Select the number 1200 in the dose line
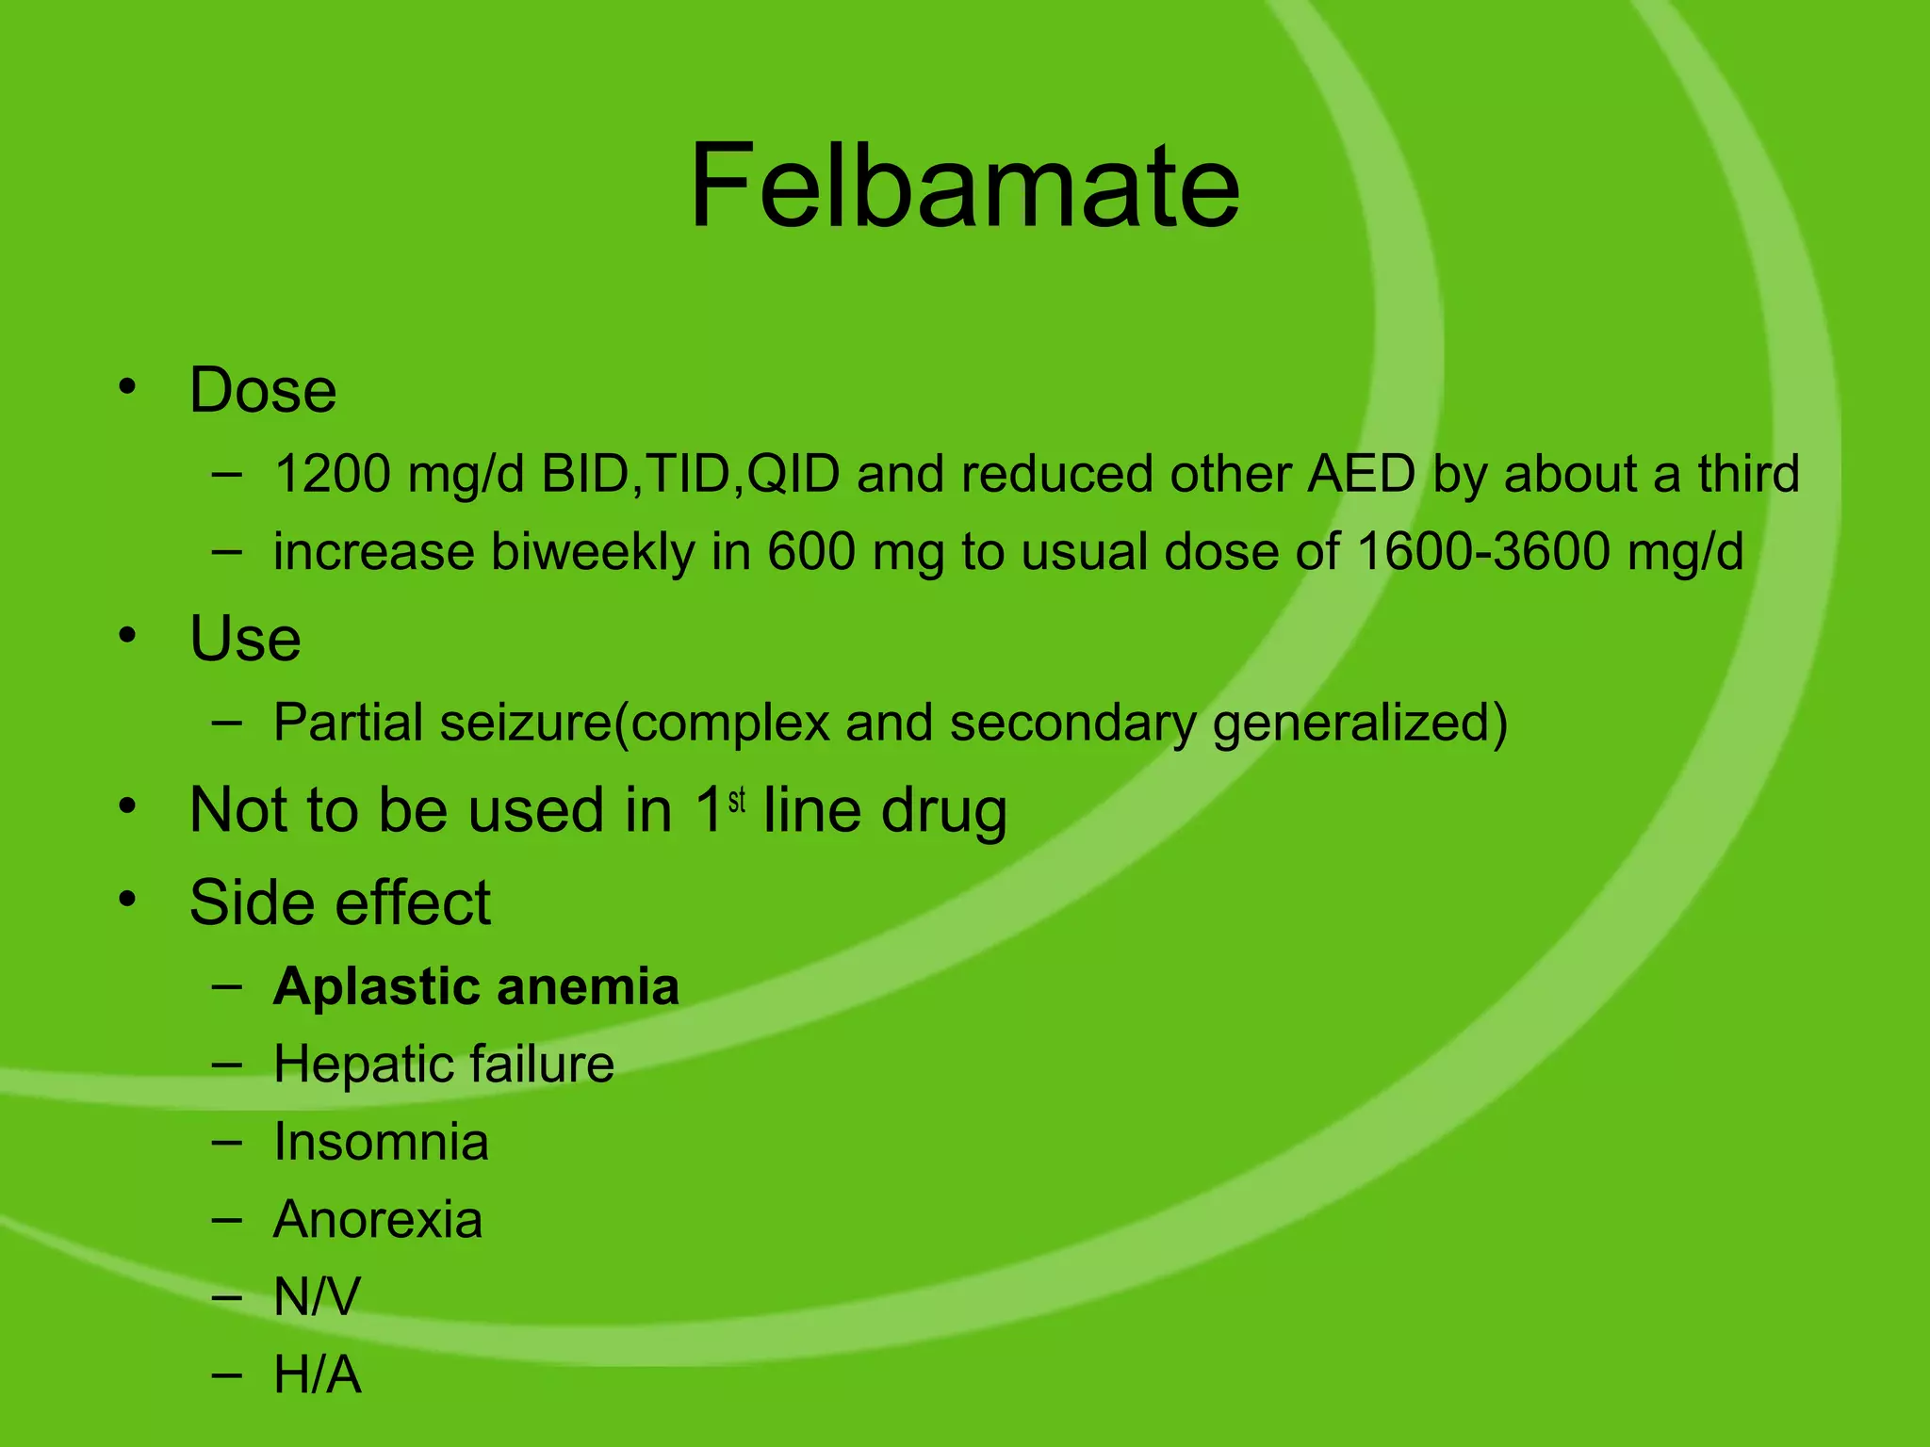(332, 473)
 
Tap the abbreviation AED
(1361, 473)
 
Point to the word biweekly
(592, 551)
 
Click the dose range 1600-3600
(1483, 551)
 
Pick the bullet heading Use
(245, 639)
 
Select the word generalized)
(1360, 723)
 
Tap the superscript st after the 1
(737, 800)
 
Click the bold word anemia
(587, 987)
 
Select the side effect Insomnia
(381, 1142)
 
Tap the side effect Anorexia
(378, 1219)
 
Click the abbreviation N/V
(317, 1296)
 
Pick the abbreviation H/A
(317, 1374)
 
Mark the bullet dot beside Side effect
(127, 899)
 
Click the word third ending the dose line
(1748, 473)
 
